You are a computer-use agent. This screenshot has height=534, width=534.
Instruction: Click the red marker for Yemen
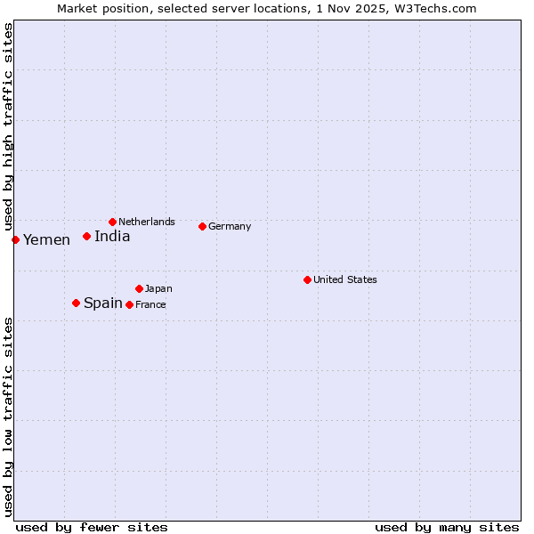tap(15, 239)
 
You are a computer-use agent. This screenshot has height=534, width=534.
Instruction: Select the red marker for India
tap(86, 236)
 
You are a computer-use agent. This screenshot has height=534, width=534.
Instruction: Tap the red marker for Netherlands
tap(112, 222)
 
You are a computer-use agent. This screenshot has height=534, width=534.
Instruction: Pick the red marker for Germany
tap(202, 226)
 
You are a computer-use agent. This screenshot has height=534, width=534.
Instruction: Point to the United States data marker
tap(307, 279)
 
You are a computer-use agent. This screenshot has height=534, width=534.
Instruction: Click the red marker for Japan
tap(139, 288)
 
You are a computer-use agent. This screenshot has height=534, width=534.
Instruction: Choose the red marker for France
tap(129, 304)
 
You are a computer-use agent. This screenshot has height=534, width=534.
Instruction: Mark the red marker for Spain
tap(76, 303)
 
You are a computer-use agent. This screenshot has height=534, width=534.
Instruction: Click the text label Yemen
tap(46, 240)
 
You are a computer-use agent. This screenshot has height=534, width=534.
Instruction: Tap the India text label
tap(112, 237)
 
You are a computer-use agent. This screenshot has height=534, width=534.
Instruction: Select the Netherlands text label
tap(147, 222)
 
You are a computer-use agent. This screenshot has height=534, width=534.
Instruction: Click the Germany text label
tap(230, 226)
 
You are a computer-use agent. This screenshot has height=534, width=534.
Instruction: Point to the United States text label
tap(345, 279)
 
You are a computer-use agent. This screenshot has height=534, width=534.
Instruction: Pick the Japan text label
tap(158, 288)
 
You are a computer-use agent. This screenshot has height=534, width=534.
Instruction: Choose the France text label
tap(150, 304)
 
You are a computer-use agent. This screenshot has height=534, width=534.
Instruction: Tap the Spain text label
tap(103, 303)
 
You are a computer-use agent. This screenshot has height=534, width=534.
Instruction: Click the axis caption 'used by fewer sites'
tap(92, 527)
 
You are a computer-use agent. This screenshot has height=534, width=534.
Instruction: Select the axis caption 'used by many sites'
tap(447, 527)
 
